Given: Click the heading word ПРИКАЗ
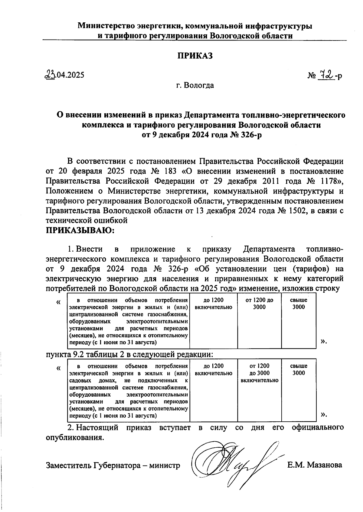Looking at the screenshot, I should (195, 56).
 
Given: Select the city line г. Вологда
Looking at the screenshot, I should (195, 85).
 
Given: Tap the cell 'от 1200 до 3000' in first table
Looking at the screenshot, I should (259, 304).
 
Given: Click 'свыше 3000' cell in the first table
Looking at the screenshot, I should (299, 304).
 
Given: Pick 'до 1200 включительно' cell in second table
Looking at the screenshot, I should (214, 369).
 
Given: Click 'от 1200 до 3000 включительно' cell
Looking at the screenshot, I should (259, 373).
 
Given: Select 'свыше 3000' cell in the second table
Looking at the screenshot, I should (299, 369).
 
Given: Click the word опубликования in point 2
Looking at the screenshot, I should (74, 437).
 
